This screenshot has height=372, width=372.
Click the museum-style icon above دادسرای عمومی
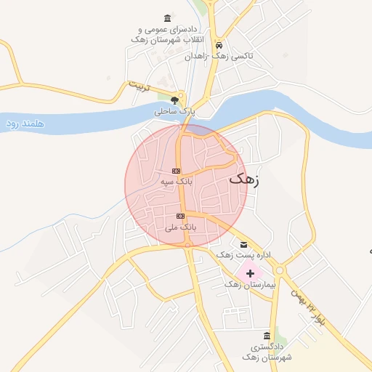[168, 18]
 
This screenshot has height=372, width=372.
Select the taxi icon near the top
[229, 43]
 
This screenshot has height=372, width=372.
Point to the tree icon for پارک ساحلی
[174, 100]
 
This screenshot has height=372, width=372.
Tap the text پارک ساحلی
[175, 112]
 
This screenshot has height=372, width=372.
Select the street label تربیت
[138, 86]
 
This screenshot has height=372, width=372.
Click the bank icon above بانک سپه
[176, 171]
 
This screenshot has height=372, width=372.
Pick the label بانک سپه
[176, 182]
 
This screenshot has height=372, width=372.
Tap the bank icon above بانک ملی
[180, 216]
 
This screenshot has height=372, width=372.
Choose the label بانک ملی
[180, 227]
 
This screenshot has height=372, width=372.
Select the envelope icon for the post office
[243, 243]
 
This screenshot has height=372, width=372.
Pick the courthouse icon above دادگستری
[267, 335]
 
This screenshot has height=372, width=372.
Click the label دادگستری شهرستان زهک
[267, 352]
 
